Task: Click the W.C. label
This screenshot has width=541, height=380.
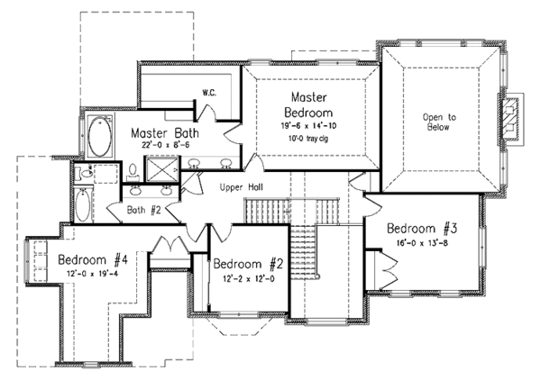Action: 208,93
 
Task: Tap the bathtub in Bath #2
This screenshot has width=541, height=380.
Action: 82,206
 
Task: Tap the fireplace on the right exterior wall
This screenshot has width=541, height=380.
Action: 513,118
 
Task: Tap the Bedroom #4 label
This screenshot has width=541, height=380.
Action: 94,260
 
